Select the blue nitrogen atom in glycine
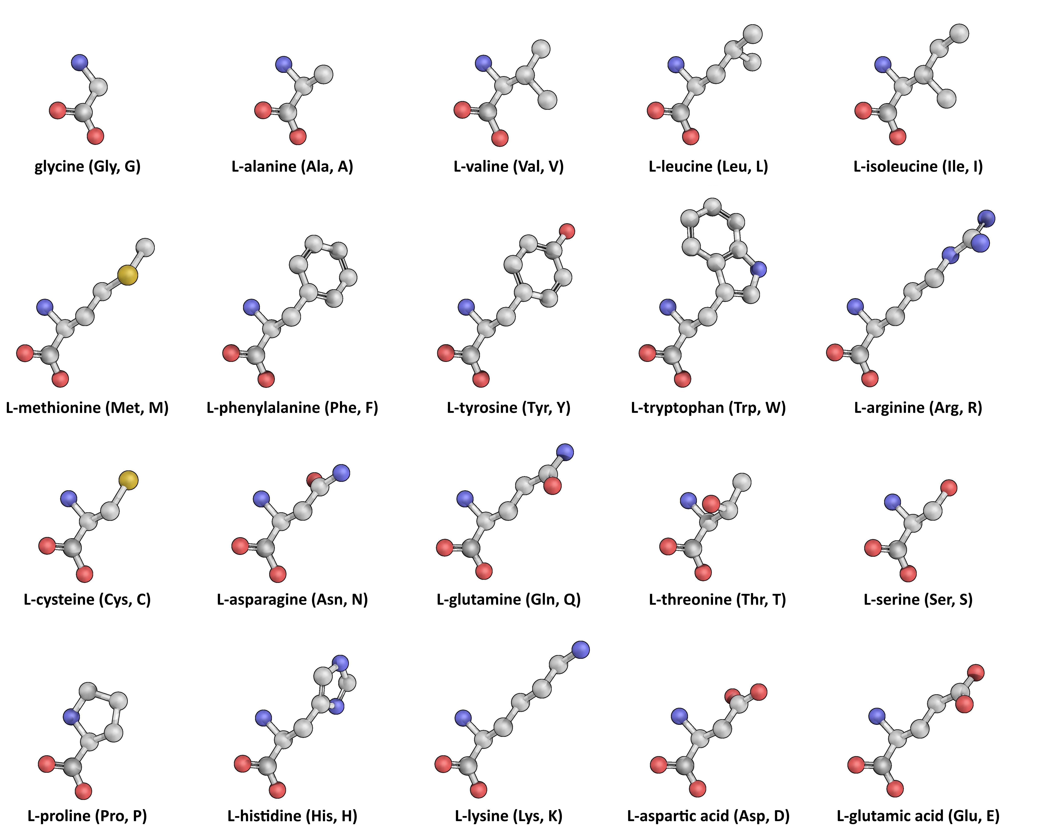[x=80, y=62]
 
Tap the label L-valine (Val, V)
[x=508, y=166]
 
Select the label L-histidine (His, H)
[x=292, y=815]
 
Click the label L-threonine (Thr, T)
[x=717, y=599]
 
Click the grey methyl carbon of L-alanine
[x=324, y=74]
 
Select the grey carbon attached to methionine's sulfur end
[x=145, y=247]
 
